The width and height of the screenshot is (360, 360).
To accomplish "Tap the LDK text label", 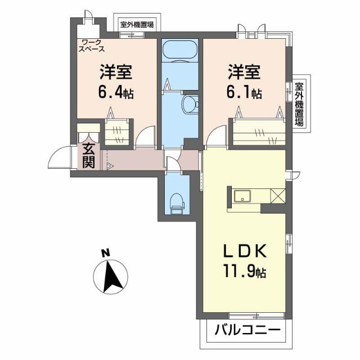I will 244,251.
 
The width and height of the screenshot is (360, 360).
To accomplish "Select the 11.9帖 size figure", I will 244,272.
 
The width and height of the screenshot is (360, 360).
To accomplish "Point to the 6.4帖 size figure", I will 116,92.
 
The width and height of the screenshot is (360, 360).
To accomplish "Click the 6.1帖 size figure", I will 244,92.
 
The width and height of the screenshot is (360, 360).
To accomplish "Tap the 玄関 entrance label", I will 89,156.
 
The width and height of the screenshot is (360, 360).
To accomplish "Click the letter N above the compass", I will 105,254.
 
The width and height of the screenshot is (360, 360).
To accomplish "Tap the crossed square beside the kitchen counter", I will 278,196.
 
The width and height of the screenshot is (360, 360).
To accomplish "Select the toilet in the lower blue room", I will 177,202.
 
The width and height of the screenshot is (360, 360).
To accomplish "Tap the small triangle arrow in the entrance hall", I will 110,166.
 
